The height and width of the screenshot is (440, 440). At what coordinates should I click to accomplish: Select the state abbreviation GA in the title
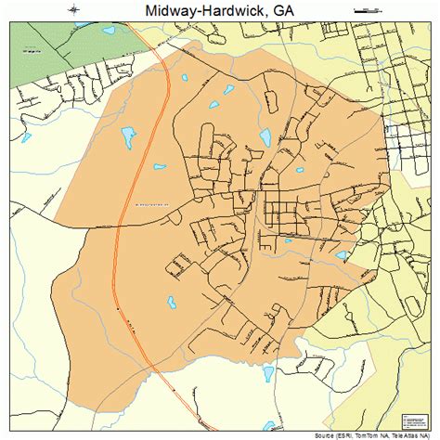point(285,10)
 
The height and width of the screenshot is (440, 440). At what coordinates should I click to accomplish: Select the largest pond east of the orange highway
point(265,137)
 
